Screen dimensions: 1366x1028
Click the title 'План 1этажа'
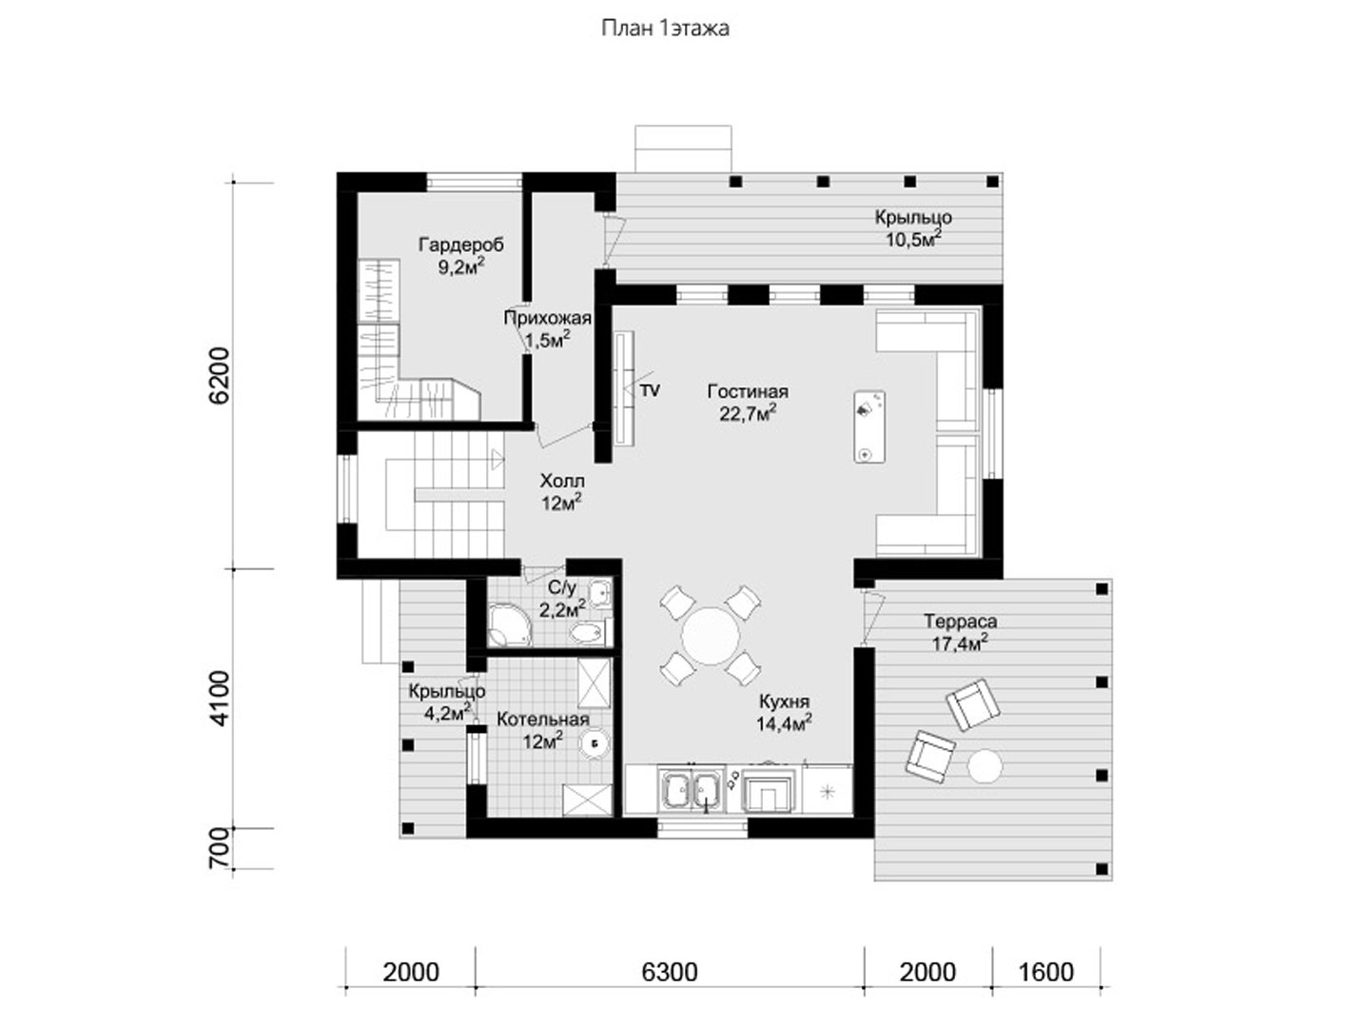point(665,29)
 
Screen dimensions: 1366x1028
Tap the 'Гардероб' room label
point(461,245)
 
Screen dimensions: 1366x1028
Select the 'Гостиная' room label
point(748,391)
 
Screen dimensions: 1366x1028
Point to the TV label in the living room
point(651,391)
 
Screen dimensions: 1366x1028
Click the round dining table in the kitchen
point(710,637)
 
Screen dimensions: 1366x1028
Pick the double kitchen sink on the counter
point(692,791)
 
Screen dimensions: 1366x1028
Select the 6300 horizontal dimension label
point(670,972)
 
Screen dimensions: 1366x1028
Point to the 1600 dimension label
point(1046,972)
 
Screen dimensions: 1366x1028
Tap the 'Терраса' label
point(960,621)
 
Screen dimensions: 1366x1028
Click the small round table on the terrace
point(985,766)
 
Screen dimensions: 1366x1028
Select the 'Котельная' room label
point(542,720)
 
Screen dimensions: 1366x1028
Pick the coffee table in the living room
point(869,426)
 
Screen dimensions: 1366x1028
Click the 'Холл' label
point(562,481)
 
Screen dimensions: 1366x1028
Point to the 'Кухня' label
point(784,702)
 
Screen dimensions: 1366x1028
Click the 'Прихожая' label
point(547,319)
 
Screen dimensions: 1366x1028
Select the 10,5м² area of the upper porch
point(913,239)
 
